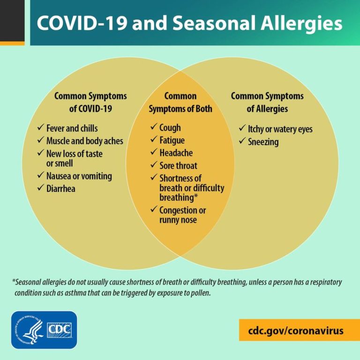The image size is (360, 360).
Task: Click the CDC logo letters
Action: (x=59, y=330)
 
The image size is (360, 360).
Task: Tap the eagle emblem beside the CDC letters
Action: (x=32, y=330)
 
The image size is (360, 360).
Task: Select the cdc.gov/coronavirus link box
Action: (x=296, y=330)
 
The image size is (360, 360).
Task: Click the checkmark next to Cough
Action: (x=153, y=127)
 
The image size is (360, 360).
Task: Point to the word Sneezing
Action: (x=263, y=142)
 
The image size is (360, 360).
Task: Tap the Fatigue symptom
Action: (x=172, y=140)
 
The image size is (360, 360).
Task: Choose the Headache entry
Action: (x=176, y=153)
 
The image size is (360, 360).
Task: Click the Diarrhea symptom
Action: (x=60, y=188)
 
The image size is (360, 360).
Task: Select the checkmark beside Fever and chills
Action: (x=40, y=127)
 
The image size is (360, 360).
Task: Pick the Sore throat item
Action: (x=178, y=165)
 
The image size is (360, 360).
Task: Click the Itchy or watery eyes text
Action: (x=280, y=129)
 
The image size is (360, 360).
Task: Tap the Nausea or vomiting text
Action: (x=79, y=176)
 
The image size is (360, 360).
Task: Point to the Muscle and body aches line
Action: (x=84, y=141)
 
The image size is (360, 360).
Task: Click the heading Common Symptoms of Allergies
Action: (x=267, y=102)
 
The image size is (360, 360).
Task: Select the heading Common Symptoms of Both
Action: (x=180, y=102)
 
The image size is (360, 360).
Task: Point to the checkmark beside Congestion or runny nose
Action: (x=153, y=210)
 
